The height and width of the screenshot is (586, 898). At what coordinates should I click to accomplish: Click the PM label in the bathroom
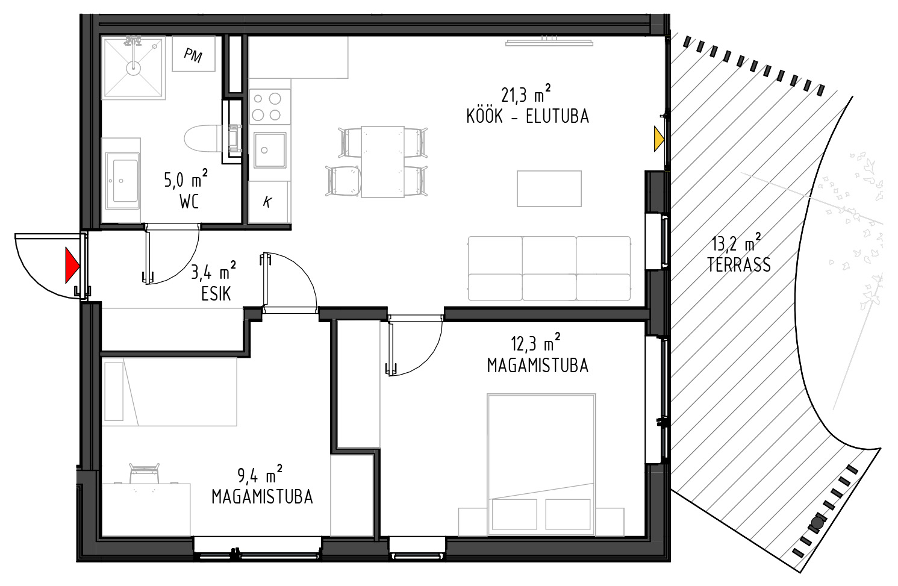(x=193, y=55)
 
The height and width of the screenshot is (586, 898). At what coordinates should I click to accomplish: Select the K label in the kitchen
(x=267, y=202)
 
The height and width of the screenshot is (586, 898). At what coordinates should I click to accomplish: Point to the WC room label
(x=189, y=202)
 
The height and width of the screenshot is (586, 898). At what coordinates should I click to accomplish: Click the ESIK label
(x=216, y=294)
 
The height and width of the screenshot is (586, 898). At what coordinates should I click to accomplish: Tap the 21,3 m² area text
(x=526, y=94)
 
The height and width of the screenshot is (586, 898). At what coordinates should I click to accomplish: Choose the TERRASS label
(x=739, y=265)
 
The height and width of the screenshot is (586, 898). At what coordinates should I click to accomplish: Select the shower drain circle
(x=133, y=68)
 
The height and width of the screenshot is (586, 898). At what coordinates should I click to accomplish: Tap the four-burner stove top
(x=270, y=107)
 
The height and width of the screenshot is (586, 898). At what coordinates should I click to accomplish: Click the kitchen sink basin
(x=270, y=151)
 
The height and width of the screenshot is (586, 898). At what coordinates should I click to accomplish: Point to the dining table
(x=382, y=161)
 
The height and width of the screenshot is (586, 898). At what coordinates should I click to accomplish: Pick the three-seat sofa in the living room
(x=549, y=268)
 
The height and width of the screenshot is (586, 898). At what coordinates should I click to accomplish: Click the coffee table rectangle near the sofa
(x=549, y=189)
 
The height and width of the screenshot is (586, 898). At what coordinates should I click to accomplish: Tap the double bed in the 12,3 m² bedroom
(x=541, y=464)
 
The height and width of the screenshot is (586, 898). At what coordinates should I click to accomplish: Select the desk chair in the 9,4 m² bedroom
(x=145, y=473)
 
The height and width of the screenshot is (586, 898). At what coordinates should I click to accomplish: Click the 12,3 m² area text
(x=535, y=343)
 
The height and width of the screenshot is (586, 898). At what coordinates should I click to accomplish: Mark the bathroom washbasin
(x=123, y=180)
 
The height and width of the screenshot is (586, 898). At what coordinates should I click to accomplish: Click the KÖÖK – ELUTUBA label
(x=528, y=116)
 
